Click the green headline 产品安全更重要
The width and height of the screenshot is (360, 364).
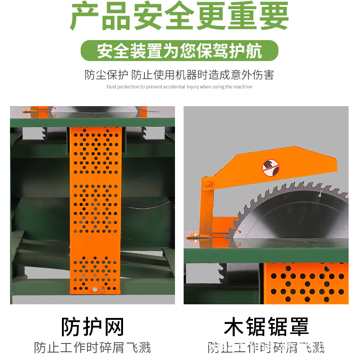tap(180, 16)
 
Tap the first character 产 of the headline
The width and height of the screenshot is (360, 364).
tap(85, 16)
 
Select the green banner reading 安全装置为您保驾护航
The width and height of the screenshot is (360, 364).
tap(180, 51)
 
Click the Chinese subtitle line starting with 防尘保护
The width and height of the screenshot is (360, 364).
tap(180, 74)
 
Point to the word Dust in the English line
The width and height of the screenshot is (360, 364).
tap(111, 87)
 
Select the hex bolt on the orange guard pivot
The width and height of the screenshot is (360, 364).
tap(208, 183)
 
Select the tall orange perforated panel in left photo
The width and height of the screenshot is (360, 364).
tap(95, 210)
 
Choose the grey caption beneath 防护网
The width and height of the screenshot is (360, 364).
tap(93, 349)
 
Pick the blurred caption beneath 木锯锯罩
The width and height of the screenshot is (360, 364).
tap(266, 349)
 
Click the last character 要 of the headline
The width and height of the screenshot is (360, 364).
tap(275, 16)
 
